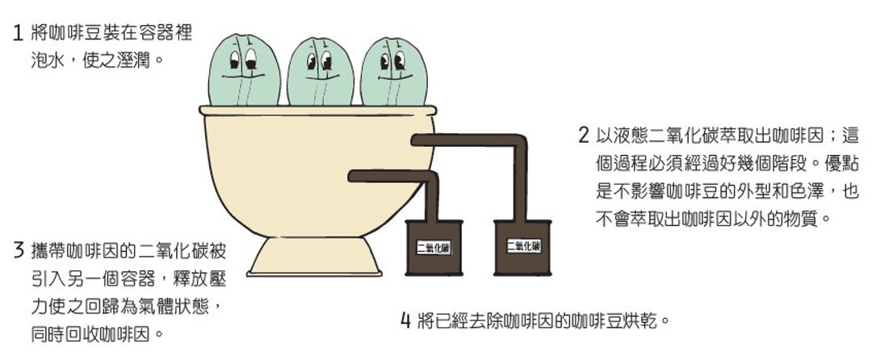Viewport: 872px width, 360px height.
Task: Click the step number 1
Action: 17,33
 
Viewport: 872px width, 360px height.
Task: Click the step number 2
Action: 584,136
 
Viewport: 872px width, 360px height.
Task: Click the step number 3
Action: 19,250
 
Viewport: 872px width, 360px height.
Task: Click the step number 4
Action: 406,320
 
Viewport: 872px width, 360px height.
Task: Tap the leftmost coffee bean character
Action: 244,70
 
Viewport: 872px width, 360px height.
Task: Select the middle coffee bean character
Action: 321,72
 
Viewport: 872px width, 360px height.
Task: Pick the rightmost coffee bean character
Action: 394,72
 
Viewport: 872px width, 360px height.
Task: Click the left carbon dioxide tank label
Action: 434,249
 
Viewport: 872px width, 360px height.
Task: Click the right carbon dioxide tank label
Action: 523,245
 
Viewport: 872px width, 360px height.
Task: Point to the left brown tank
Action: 434,248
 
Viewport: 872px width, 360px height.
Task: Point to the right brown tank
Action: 522,247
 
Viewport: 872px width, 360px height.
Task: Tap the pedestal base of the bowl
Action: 314,257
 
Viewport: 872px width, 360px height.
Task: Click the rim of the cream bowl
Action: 317,111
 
